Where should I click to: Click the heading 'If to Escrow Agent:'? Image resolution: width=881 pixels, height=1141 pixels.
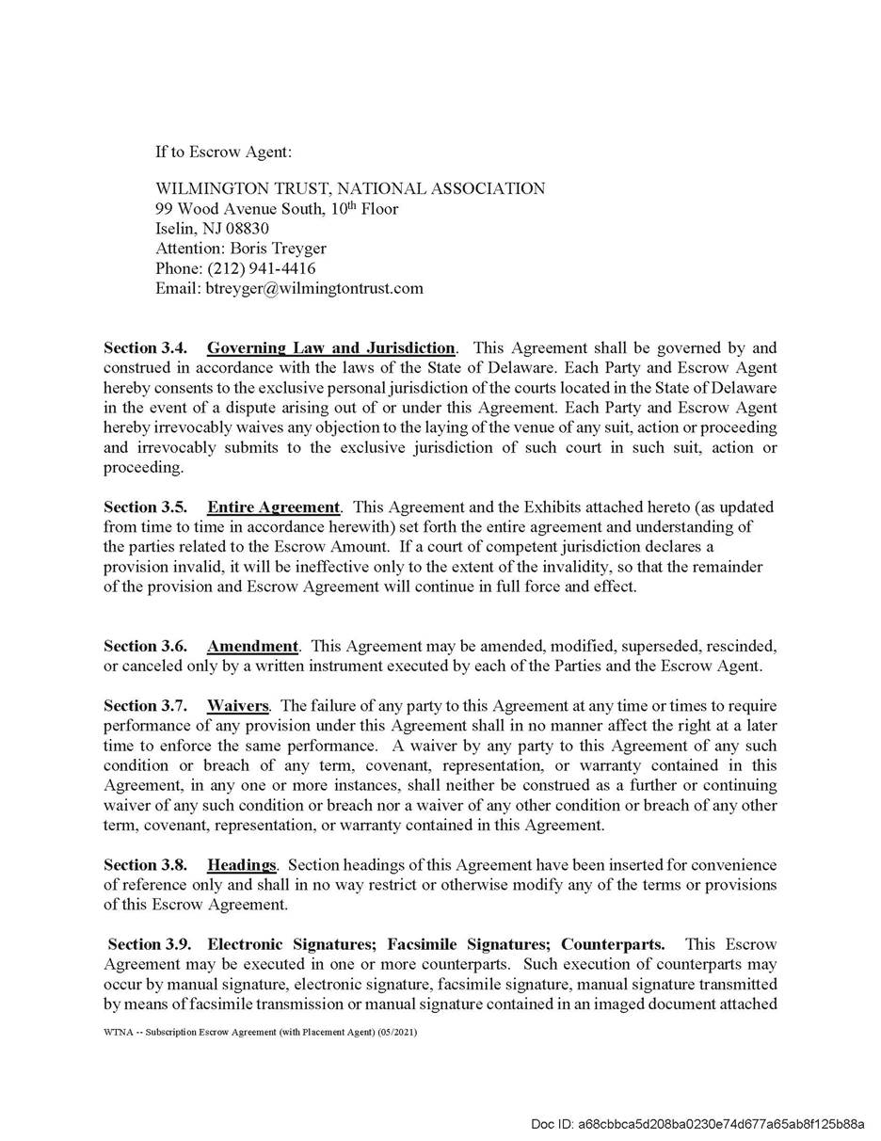pyautogui.click(x=224, y=152)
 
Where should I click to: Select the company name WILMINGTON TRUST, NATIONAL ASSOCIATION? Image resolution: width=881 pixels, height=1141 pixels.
pyautogui.click(x=350, y=188)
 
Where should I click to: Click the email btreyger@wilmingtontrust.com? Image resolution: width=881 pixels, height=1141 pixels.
pyautogui.click(x=314, y=288)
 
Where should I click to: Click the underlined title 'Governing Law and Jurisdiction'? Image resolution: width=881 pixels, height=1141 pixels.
pyautogui.click(x=331, y=348)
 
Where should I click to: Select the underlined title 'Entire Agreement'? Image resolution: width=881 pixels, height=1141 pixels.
pyautogui.click(x=273, y=507)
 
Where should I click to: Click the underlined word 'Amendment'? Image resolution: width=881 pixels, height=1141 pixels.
pyautogui.click(x=252, y=647)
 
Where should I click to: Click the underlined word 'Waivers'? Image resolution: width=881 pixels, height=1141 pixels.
pyautogui.click(x=238, y=706)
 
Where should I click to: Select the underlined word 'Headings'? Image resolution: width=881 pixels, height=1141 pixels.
pyautogui.click(x=242, y=865)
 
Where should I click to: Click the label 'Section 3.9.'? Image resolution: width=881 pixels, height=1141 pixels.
pyautogui.click(x=150, y=944)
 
